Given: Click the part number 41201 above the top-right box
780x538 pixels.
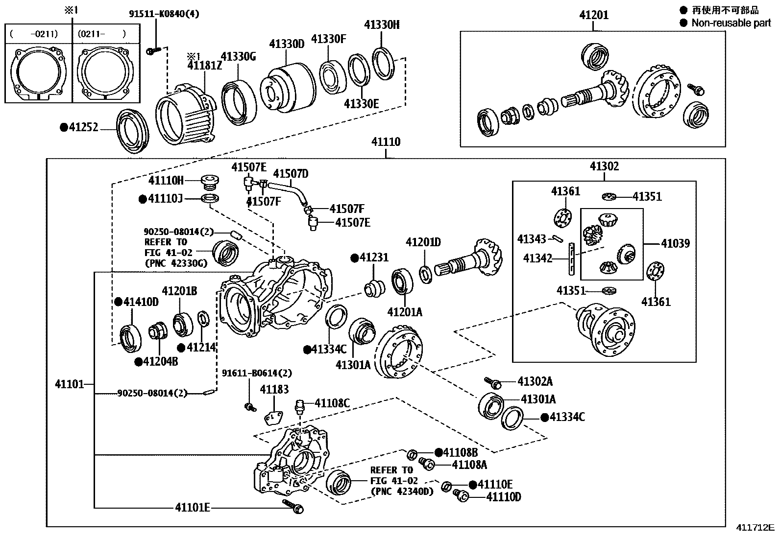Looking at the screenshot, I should pyautogui.click(x=593, y=15).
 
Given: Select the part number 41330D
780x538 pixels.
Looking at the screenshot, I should pyautogui.click(x=287, y=44).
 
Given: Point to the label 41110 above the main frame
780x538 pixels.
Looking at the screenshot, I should pyautogui.click(x=386, y=142).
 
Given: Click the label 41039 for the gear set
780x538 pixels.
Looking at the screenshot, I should pyautogui.click(x=675, y=243).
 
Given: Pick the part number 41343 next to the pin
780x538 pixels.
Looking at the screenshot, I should pyautogui.click(x=531, y=239).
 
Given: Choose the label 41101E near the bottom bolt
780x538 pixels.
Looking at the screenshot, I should pyautogui.click(x=193, y=508).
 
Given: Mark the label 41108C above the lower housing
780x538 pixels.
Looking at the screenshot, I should pyautogui.click(x=332, y=403).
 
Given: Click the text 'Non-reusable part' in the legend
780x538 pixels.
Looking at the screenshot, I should pyautogui.click(x=731, y=23).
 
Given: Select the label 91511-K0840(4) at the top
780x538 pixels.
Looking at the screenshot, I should pyautogui.click(x=164, y=14).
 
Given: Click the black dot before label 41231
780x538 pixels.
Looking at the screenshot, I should pyautogui.click(x=354, y=257).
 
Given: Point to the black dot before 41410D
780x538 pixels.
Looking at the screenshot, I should pyautogui.click(x=118, y=302).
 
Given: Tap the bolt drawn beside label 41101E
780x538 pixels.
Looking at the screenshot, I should pyautogui.click(x=293, y=507).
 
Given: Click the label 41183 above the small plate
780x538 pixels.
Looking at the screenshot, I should pyautogui.click(x=274, y=390).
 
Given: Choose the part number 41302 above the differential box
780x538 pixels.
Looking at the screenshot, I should pyautogui.click(x=604, y=166).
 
